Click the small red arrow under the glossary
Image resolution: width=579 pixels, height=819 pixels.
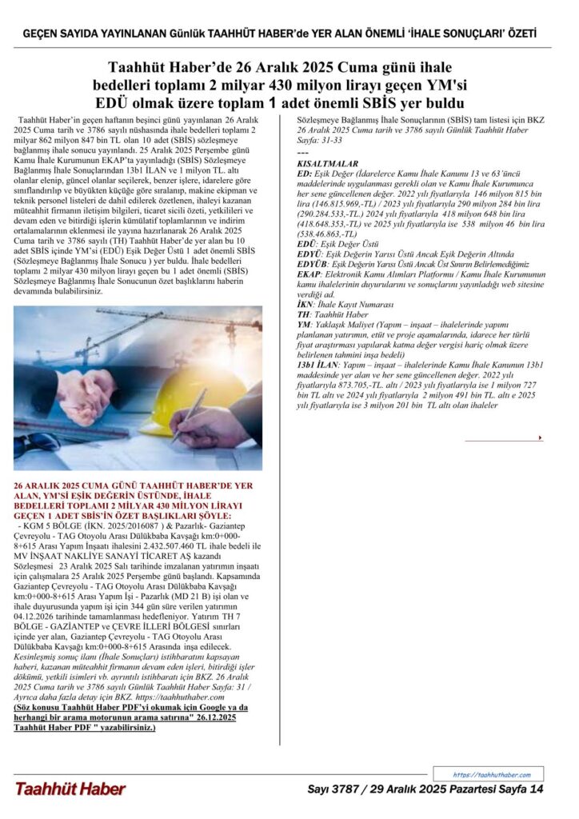click(x=541, y=438)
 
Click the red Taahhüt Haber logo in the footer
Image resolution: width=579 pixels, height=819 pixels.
click(x=70, y=789)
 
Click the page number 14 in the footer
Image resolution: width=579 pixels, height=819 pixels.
click(x=537, y=789)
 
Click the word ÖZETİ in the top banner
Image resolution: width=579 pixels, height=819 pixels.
click(x=517, y=34)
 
